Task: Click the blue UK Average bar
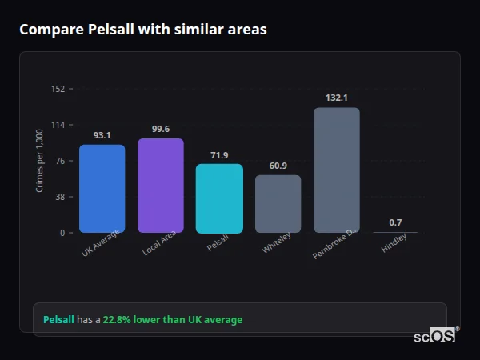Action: click(102, 189)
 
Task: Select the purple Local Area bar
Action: click(161, 186)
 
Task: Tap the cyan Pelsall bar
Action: click(219, 198)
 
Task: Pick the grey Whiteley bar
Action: click(278, 204)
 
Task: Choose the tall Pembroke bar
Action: click(336, 170)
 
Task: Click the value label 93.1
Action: click(102, 135)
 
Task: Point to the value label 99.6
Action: click(161, 130)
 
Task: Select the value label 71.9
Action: click(219, 155)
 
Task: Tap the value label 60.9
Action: click(278, 166)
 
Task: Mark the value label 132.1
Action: click(336, 98)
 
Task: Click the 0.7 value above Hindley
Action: click(395, 222)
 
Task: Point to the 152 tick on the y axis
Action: click(58, 89)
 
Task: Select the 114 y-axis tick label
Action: click(58, 125)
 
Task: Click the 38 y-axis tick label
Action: click(59, 197)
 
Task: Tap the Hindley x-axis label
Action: click(394, 242)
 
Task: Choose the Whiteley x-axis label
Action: click(277, 243)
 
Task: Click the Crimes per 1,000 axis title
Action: click(40, 162)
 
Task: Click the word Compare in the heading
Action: click(50, 30)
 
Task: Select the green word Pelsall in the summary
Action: click(58, 320)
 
